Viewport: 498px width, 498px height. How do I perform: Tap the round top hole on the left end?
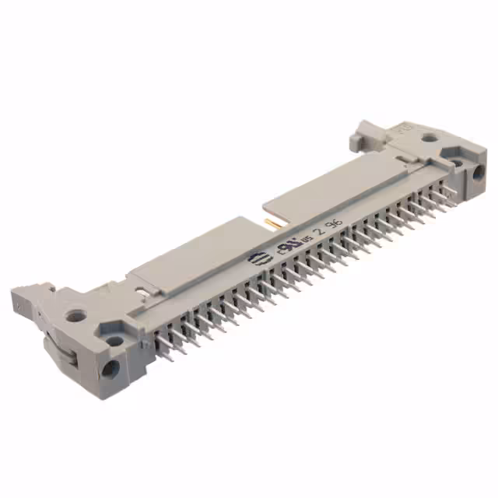[75, 317]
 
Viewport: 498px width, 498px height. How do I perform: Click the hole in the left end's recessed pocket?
[114, 340]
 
